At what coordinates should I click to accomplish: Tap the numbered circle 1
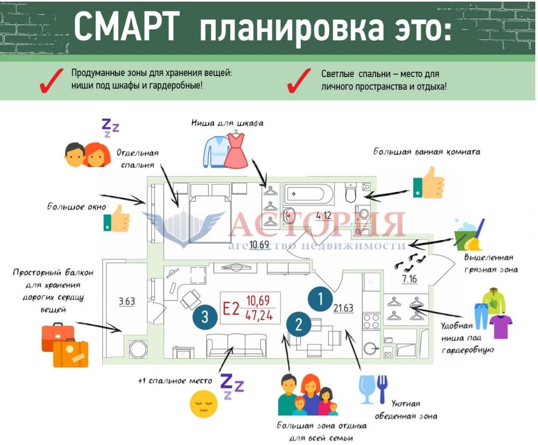tap(321, 298)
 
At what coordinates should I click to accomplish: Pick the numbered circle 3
tap(204, 316)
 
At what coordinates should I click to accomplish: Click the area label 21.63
tap(343, 308)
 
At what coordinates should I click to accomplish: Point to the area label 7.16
tap(410, 279)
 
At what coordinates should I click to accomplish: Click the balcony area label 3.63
tap(127, 301)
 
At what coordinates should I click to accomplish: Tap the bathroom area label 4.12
tap(323, 216)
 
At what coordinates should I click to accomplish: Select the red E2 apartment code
tap(231, 309)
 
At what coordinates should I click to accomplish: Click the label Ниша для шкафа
tap(227, 123)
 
